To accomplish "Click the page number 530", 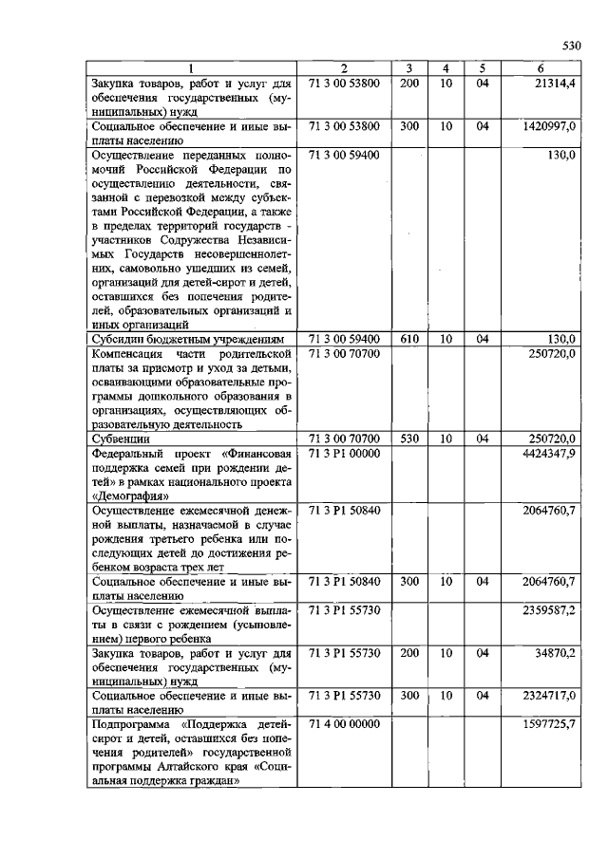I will (x=570, y=45).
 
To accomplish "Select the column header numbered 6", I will (x=540, y=68).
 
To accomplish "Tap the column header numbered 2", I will (x=344, y=68).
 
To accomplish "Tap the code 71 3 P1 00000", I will (x=345, y=454).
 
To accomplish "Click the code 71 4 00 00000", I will (x=345, y=724).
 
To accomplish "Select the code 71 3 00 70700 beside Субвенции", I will (x=345, y=439).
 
